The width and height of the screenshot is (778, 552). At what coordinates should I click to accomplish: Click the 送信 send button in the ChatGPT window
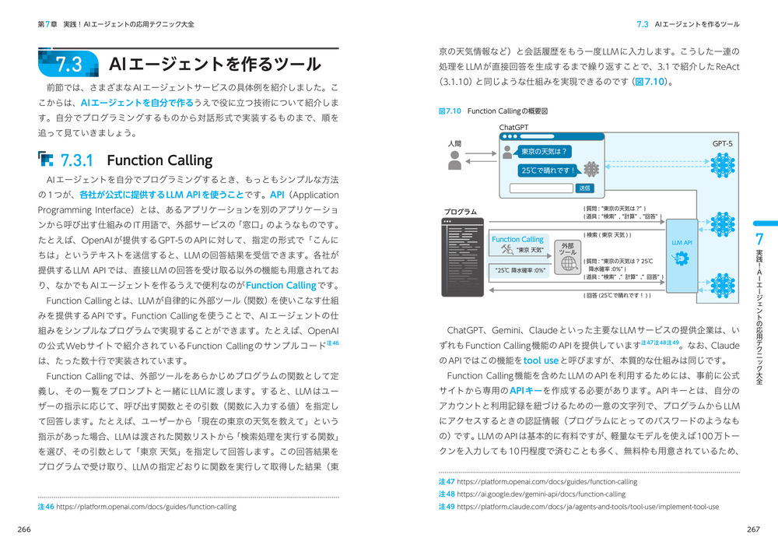[584, 188]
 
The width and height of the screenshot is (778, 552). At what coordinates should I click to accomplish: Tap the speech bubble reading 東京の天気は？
[544, 151]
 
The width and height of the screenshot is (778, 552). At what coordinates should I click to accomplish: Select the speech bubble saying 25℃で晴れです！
[548, 171]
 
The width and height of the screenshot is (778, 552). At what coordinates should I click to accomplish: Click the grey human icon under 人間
[456, 160]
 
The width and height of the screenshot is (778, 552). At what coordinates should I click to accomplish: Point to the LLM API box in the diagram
[682, 243]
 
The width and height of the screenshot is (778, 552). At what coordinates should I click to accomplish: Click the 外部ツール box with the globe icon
[568, 257]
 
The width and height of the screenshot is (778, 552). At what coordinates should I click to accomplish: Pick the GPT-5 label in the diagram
[722, 144]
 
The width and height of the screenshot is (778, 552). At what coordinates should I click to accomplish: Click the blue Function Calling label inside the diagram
[517, 240]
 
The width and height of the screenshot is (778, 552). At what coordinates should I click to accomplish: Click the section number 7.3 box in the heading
[69, 64]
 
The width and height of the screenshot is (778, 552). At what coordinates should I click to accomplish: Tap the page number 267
[752, 530]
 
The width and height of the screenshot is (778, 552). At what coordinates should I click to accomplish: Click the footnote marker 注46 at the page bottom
[46, 507]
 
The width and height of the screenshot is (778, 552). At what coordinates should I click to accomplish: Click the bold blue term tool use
[541, 360]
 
